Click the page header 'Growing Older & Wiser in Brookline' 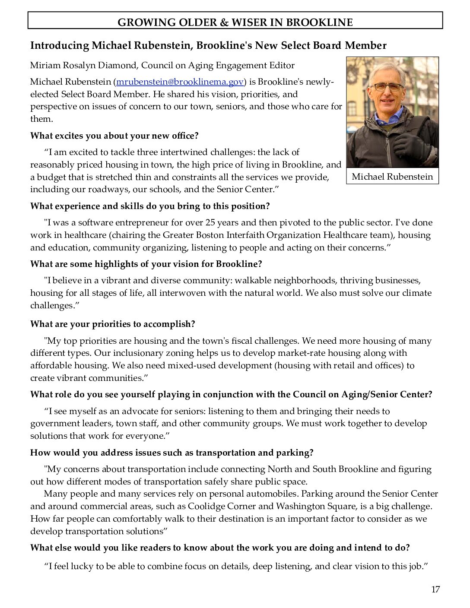235,22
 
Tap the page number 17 435,589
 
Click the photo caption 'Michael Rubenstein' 392,176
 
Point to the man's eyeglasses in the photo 388,87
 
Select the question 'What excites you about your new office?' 114,136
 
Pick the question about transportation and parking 171,453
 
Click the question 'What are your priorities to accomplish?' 112,324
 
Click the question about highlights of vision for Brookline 146,264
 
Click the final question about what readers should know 219,548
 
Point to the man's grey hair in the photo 387,70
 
